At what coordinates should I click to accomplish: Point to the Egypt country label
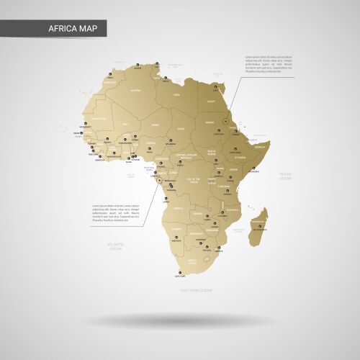point(211,101)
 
